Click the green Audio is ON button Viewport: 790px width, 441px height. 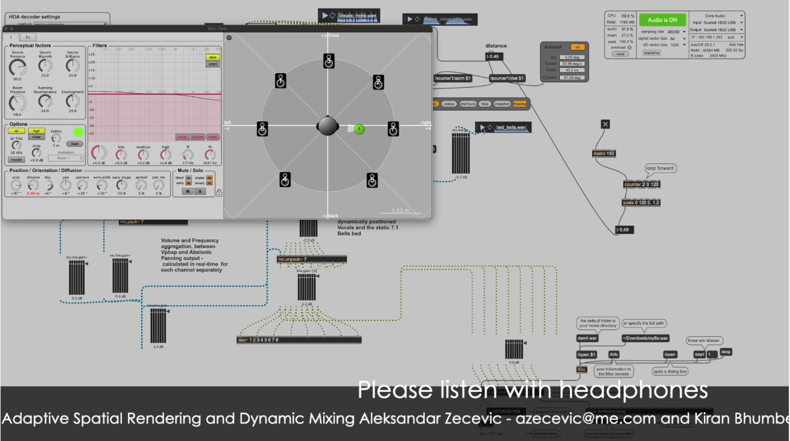coord(662,20)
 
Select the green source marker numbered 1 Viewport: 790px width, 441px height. coord(360,129)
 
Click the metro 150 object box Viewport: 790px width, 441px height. coord(604,153)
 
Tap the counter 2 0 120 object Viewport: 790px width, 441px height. coord(641,184)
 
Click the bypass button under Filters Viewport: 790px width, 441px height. coord(198,137)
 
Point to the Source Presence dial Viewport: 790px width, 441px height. coord(18,68)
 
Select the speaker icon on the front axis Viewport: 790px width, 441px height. coord(329,60)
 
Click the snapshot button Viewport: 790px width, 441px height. coord(502,104)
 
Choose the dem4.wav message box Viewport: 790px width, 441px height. coord(587,338)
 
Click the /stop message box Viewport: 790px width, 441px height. coord(726,352)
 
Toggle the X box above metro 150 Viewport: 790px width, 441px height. coord(605,124)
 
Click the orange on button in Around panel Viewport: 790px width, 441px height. coord(577,47)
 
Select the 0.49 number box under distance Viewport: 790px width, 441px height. coord(494,57)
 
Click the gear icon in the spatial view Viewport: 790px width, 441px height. coord(229,38)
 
